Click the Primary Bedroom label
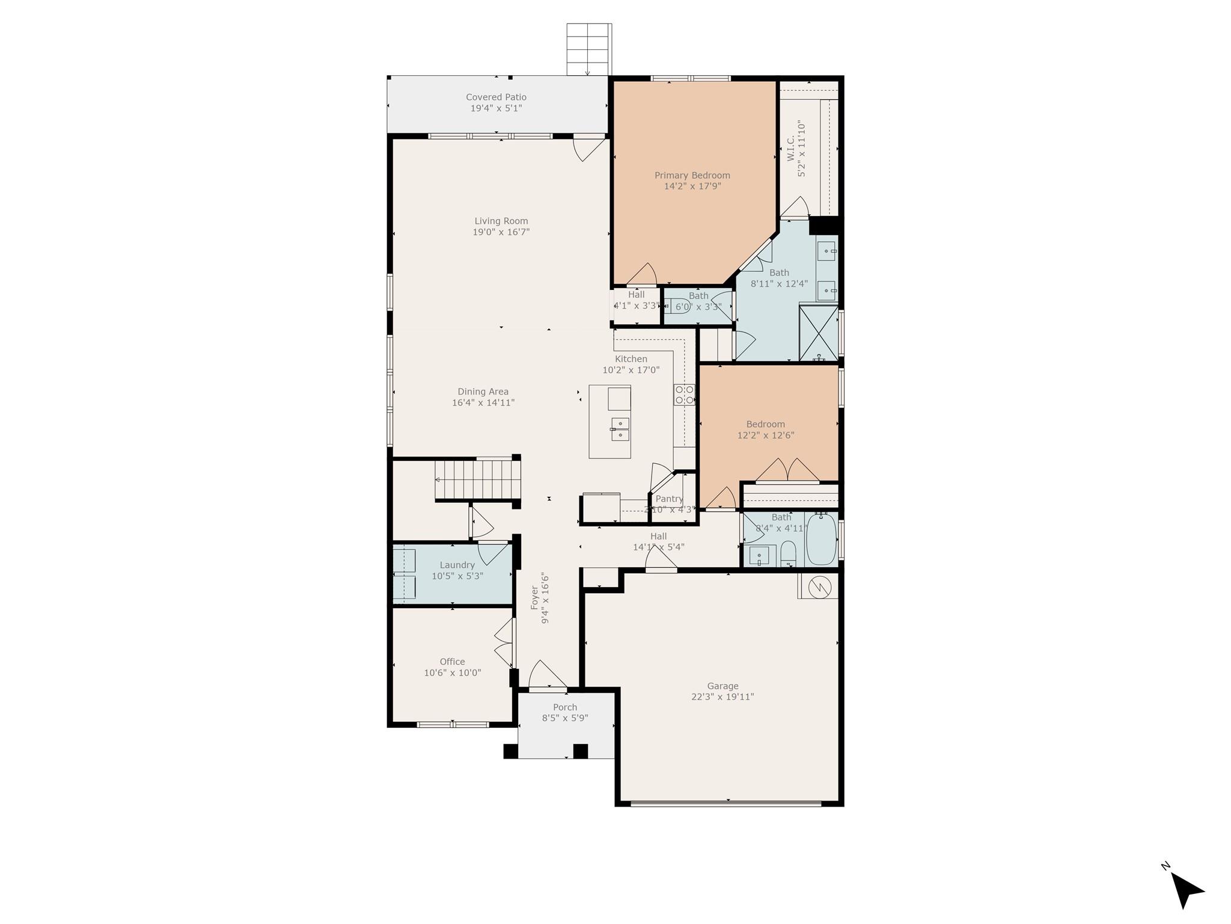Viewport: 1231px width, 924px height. [692, 176]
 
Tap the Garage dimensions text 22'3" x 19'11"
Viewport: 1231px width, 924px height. [722, 697]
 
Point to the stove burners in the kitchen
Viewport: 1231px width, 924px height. [685, 395]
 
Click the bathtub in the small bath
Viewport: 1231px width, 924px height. [820, 540]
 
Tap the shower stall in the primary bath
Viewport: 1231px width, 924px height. [818, 333]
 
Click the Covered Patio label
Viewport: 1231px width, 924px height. [496, 97]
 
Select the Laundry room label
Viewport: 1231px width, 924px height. [457, 565]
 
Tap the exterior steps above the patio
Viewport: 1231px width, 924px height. [589, 49]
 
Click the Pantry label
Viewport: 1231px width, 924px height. [669, 499]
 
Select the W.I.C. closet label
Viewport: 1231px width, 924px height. [791, 147]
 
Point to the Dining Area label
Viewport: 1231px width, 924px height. [483, 392]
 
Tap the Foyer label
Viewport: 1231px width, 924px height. [534, 597]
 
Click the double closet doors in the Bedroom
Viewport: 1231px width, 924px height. [787, 471]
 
